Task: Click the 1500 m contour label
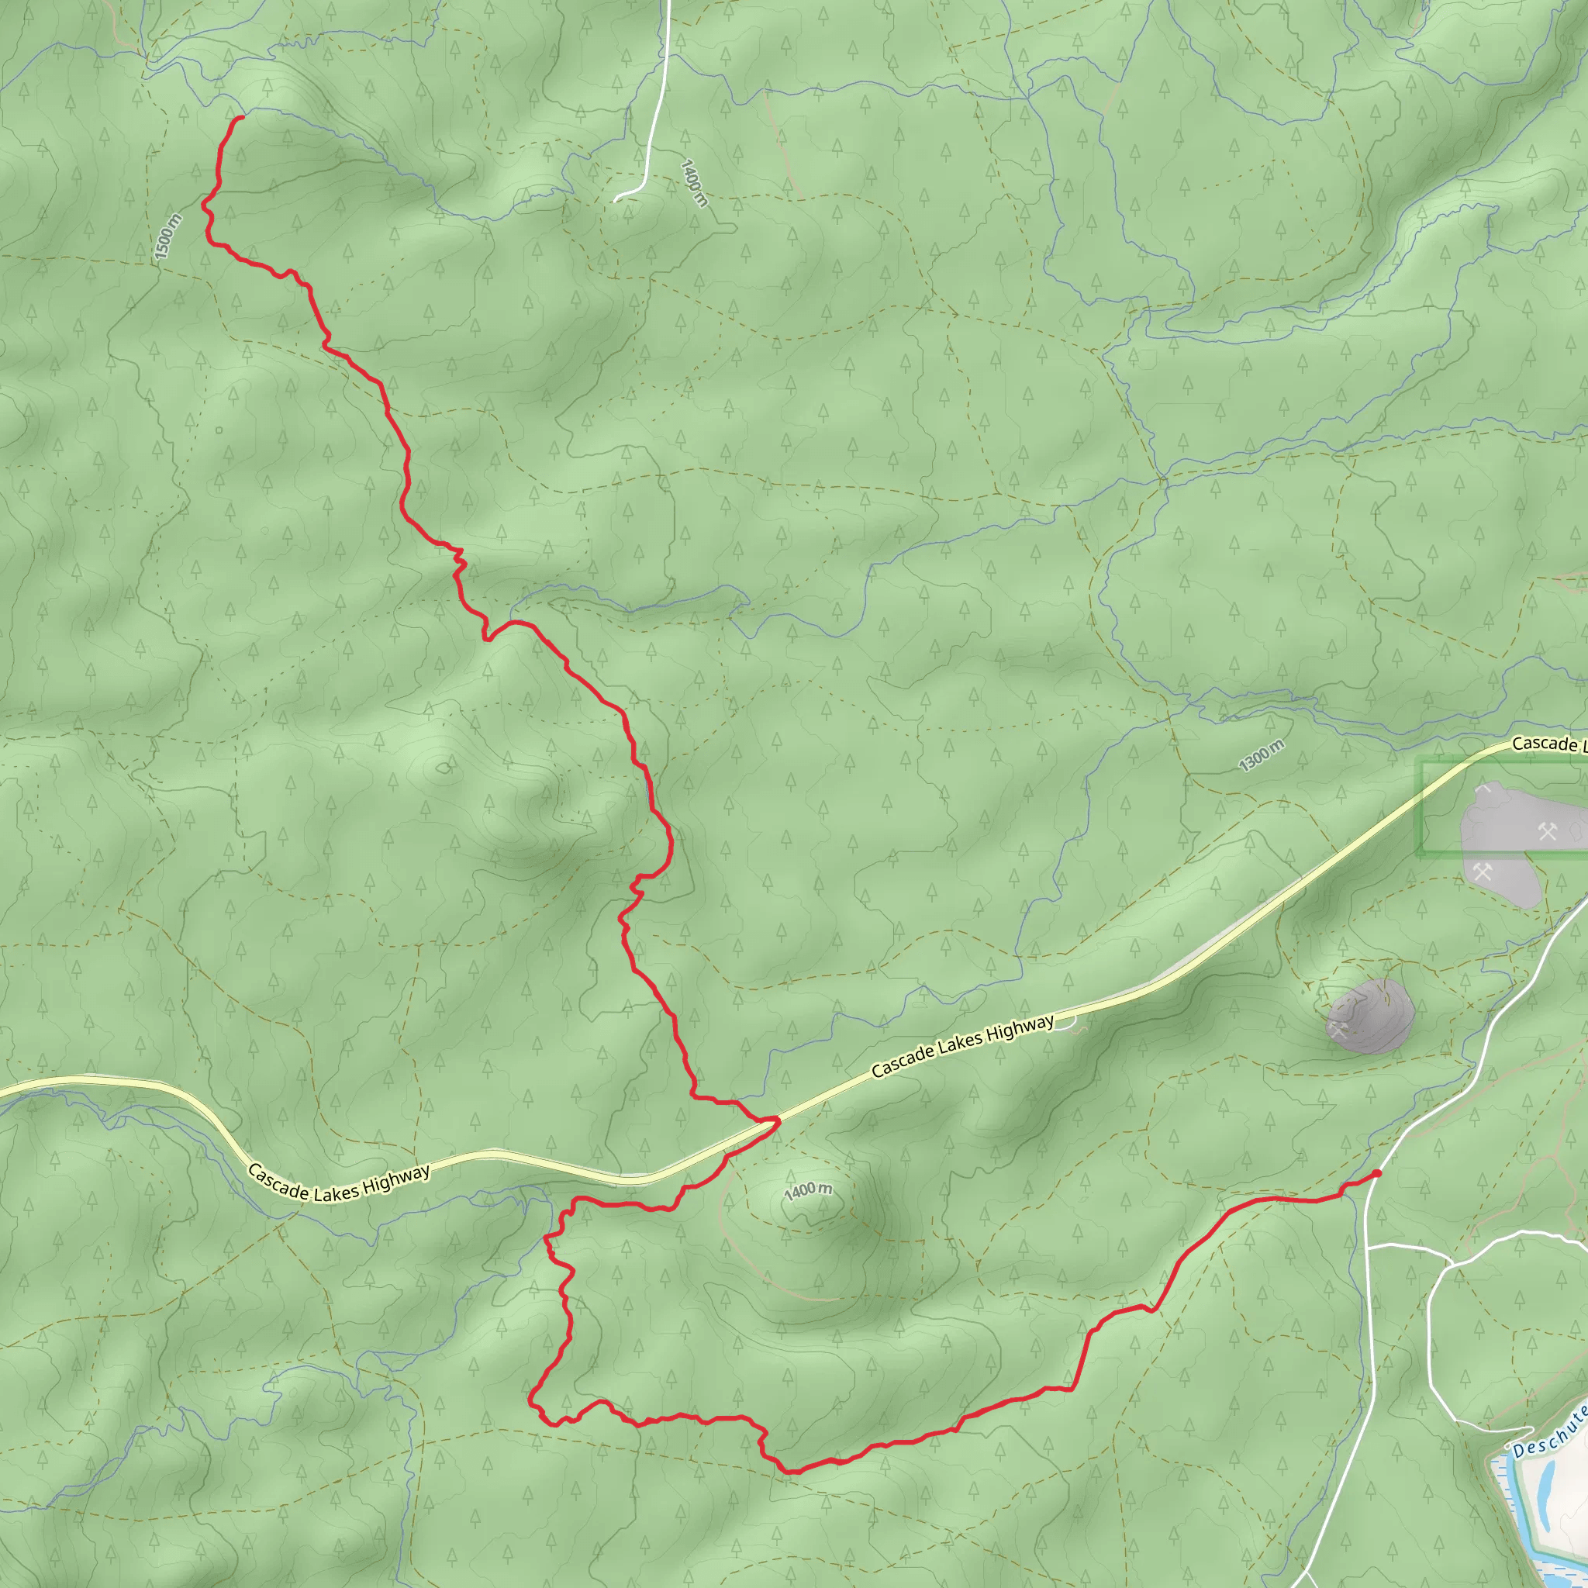(x=167, y=236)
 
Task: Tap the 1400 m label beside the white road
(x=694, y=182)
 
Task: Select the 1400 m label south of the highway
(x=808, y=1190)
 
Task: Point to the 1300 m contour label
(x=1262, y=755)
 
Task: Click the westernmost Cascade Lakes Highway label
(x=339, y=1183)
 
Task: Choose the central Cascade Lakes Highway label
(x=962, y=1045)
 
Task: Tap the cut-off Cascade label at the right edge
(x=1548, y=743)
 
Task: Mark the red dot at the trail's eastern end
(x=1377, y=1174)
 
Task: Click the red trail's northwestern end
(x=241, y=119)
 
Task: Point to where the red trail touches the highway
(x=775, y=1120)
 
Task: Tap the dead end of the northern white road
(x=616, y=200)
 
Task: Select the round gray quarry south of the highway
(x=1369, y=1017)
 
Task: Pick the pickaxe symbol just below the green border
(x=1482, y=872)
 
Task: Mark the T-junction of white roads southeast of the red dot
(x=1366, y=1246)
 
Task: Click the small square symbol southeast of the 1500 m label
(x=219, y=430)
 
